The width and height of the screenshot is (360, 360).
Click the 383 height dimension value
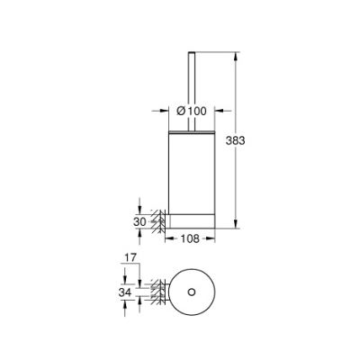235,140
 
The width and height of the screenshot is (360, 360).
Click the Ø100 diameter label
192,111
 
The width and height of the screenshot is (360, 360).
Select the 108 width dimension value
190,238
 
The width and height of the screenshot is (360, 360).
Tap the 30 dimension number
139,221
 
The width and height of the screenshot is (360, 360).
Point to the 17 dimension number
130,257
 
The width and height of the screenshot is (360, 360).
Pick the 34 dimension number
125,292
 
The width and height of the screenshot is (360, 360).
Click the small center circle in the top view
191,292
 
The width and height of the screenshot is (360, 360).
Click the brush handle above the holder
192,92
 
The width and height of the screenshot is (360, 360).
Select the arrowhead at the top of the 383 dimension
237,57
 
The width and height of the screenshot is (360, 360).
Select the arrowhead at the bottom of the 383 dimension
237,224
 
